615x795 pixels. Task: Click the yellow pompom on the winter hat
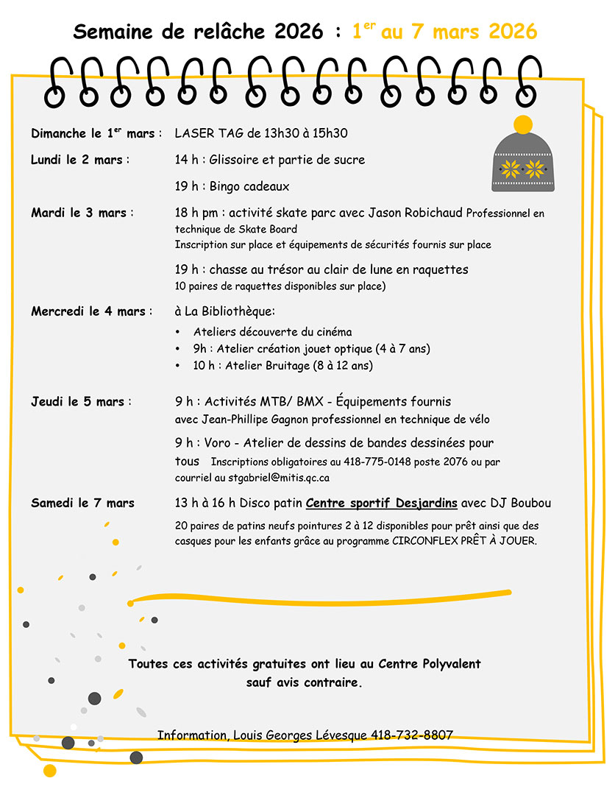tap(522, 124)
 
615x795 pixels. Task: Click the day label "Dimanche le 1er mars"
tap(93, 134)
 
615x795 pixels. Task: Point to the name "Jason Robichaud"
tap(418, 213)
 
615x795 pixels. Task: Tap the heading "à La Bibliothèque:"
tap(225, 311)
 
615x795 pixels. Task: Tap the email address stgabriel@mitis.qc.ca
tap(279, 478)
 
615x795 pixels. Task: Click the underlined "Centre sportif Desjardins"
tap(381, 504)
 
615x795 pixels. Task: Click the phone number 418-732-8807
tap(412, 735)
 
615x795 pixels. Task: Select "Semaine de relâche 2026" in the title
tap(198, 32)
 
